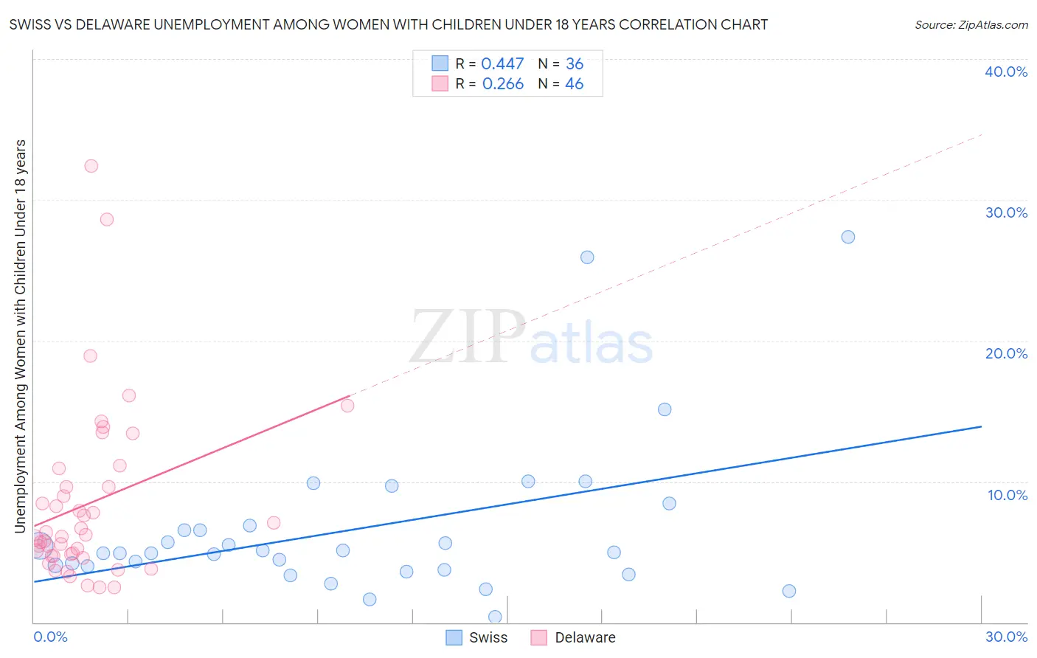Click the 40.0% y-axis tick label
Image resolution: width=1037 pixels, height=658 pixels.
click(1006, 72)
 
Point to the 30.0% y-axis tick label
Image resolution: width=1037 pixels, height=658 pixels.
click(1006, 212)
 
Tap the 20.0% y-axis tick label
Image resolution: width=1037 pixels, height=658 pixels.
click(1006, 353)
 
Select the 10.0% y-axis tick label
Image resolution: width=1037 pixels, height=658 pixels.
click(1007, 495)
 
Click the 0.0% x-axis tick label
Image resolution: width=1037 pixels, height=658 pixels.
click(50, 637)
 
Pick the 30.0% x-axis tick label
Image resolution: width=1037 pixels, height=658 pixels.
click(1006, 637)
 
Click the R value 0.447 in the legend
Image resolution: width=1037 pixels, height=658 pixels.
click(502, 64)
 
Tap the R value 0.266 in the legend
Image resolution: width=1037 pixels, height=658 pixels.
click(502, 84)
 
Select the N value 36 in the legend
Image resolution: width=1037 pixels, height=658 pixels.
click(574, 64)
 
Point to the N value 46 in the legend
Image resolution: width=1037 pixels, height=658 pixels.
click(574, 84)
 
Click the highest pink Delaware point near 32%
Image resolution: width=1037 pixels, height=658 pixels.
click(91, 166)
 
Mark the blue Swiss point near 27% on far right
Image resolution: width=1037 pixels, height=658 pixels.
click(848, 237)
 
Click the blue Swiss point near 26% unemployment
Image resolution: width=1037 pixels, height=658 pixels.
click(587, 257)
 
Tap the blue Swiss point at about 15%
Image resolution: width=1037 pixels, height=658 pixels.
click(665, 409)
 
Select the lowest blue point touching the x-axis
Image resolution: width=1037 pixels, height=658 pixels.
click(495, 617)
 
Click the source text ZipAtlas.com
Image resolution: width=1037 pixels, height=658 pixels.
click(971, 25)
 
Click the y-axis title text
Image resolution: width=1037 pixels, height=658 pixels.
click(20, 336)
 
